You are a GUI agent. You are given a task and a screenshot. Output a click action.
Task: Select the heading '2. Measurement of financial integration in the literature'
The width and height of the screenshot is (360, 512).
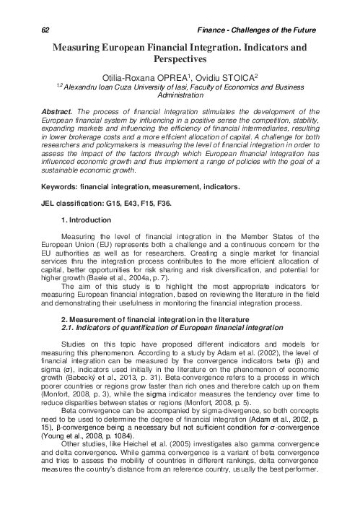[x=162, y=319]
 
